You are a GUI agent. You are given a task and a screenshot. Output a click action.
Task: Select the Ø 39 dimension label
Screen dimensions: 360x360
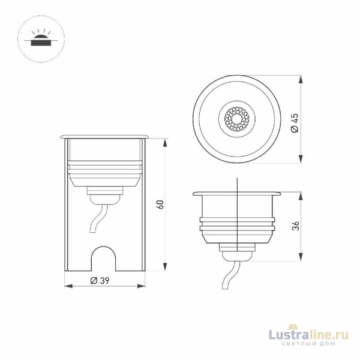click(100, 280)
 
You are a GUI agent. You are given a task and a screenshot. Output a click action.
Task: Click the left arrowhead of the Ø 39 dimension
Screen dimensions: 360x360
click(67, 286)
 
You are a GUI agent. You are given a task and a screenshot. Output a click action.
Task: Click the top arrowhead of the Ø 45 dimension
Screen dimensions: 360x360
click(299, 80)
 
